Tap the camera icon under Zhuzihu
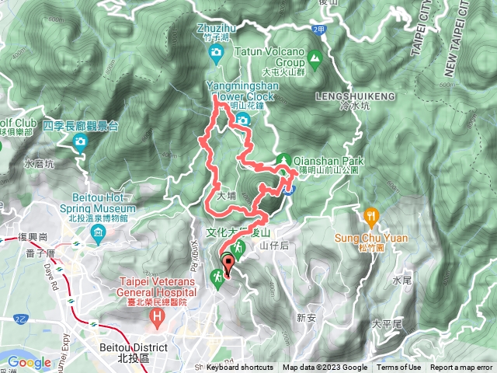click(216, 52)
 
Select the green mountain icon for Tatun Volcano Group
click(315, 56)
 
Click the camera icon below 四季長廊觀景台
click(80, 141)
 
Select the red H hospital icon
click(157, 317)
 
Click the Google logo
click(29, 361)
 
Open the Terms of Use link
click(399, 368)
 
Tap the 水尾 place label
click(402, 280)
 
